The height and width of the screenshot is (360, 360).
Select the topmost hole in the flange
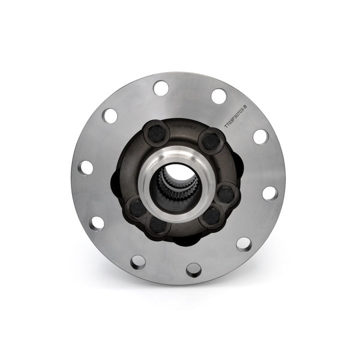161,88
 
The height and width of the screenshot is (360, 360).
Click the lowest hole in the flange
194,269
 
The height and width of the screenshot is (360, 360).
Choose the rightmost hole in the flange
270,193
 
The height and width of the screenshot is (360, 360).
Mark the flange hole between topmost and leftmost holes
110,115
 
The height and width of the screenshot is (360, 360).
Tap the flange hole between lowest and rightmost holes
244,243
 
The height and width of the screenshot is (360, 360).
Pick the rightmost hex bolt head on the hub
225,193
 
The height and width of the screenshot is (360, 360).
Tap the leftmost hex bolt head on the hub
136,208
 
